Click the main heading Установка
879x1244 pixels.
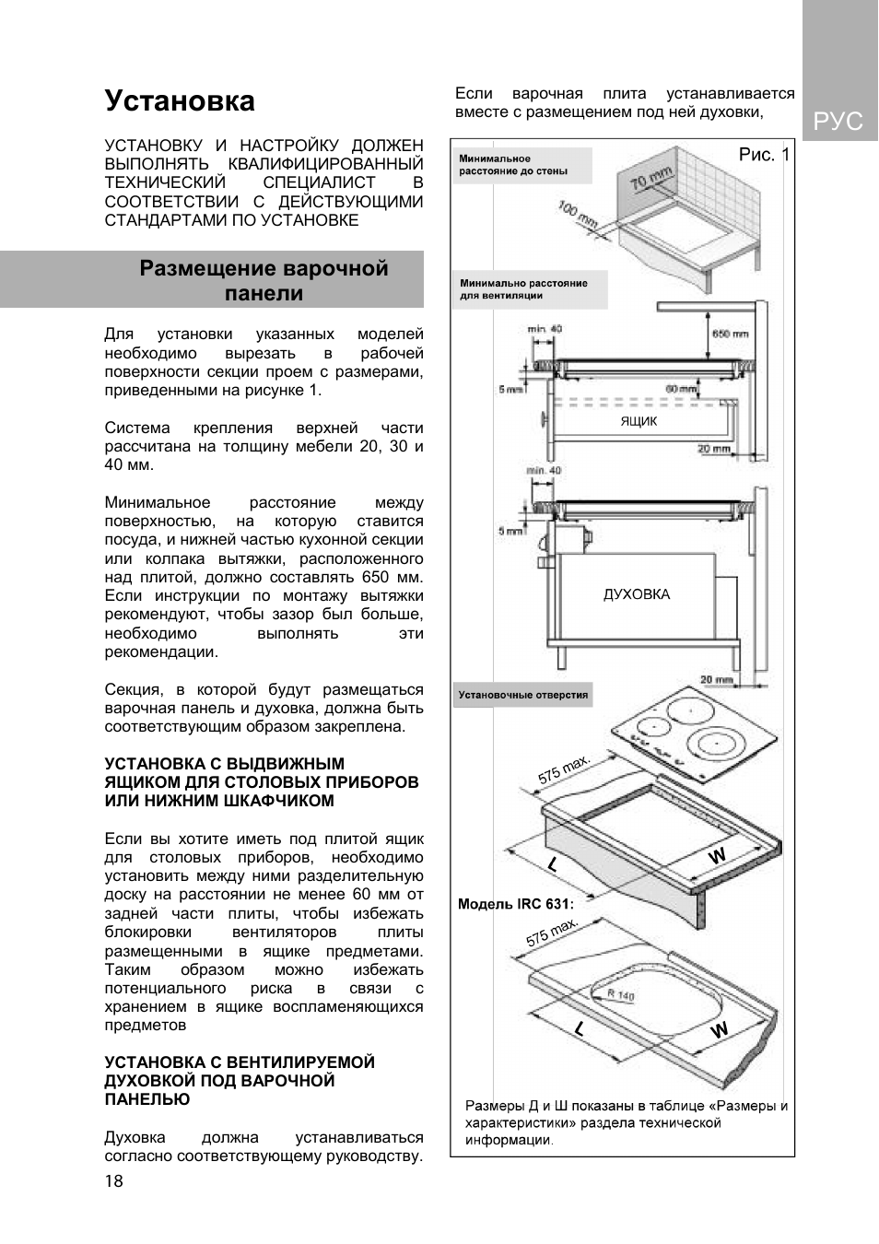coord(180,100)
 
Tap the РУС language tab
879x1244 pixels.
coord(838,121)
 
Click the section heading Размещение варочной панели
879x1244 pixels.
coord(264,280)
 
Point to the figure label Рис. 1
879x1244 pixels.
coord(763,155)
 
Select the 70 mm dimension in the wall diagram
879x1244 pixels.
coord(650,178)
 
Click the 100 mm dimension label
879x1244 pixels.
coord(578,216)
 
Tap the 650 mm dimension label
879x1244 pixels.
coord(730,334)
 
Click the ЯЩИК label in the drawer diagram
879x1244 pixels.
coord(639,421)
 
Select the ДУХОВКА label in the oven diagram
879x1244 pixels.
coord(636,594)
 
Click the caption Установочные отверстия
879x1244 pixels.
coord(522,695)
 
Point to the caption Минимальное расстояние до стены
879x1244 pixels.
coord(512,165)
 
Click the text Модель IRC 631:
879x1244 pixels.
coord(515,904)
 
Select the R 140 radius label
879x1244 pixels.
coord(620,994)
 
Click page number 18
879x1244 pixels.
coord(113,1181)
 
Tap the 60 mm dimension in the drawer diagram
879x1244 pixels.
coord(682,389)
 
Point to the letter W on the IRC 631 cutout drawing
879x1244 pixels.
coord(719,1029)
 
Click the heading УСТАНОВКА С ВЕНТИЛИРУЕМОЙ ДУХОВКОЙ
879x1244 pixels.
coord(240,1080)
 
